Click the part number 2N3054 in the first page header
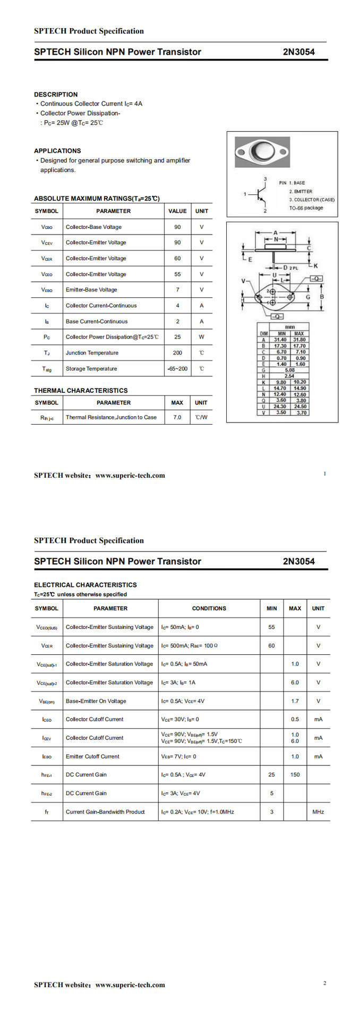point(298,52)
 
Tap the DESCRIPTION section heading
point(56,94)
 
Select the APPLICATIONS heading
point(57,151)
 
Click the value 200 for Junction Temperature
point(177,353)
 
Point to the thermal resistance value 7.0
point(177,418)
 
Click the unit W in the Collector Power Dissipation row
point(201,337)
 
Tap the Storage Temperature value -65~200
point(177,369)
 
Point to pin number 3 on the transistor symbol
point(265,179)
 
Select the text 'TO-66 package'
point(306,208)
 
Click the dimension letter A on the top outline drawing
point(276,232)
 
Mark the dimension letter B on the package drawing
point(322,297)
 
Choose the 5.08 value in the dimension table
point(289,370)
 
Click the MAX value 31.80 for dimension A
point(299,340)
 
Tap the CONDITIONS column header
point(209,609)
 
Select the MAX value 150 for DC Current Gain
point(295,775)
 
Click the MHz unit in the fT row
point(318,812)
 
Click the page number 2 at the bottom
point(324,983)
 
